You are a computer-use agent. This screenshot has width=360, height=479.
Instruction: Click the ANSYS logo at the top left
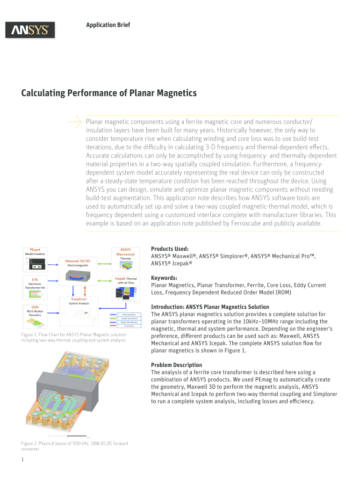tap(30, 30)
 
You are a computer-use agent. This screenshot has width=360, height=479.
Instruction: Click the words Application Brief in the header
tap(108, 24)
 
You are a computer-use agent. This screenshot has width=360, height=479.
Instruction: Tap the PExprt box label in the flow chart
tap(35, 250)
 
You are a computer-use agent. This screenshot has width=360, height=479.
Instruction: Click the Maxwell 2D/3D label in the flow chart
tap(78, 260)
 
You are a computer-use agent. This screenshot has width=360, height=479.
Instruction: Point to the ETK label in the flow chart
tap(35, 279)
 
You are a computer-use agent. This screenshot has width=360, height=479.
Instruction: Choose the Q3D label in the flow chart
tap(35, 307)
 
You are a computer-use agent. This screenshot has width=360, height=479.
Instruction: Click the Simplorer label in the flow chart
tap(79, 298)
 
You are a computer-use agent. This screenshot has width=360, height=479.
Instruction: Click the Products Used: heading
tap(170, 249)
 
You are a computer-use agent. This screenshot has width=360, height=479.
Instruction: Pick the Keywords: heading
tap(164, 278)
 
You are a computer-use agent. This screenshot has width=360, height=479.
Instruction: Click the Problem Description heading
tap(177, 365)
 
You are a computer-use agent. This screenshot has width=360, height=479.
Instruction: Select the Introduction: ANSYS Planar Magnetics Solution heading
tap(210, 307)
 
